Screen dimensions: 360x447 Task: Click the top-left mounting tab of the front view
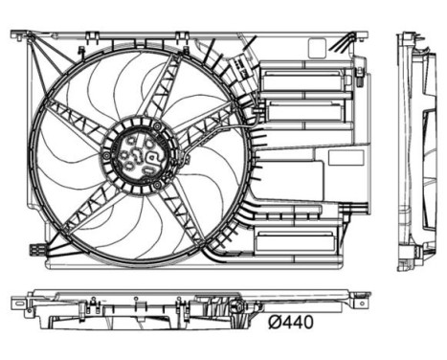point(19,35)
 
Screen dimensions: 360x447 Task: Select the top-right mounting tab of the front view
point(361,36)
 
